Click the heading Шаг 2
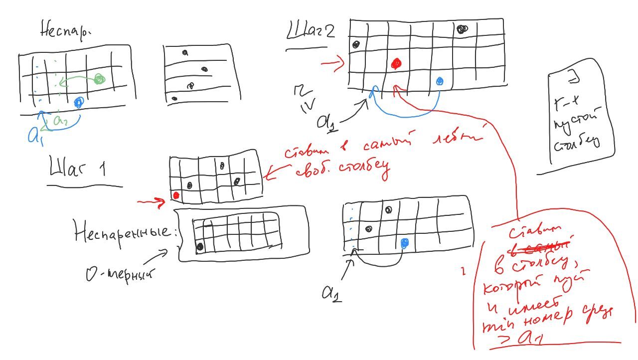click(x=310, y=32)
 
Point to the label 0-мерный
click(x=120, y=274)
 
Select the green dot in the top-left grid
click(x=99, y=79)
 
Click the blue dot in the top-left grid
click(x=78, y=103)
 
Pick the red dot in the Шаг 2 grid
click(x=396, y=63)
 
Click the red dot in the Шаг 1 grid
click(x=175, y=195)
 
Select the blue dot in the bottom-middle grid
click(x=404, y=243)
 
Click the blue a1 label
click(x=34, y=135)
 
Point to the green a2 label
click(x=60, y=120)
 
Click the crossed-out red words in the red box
click(x=549, y=244)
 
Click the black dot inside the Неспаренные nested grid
click(x=200, y=246)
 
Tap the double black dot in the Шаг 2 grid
click(x=462, y=29)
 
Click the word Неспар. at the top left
click(x=65, y=31)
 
